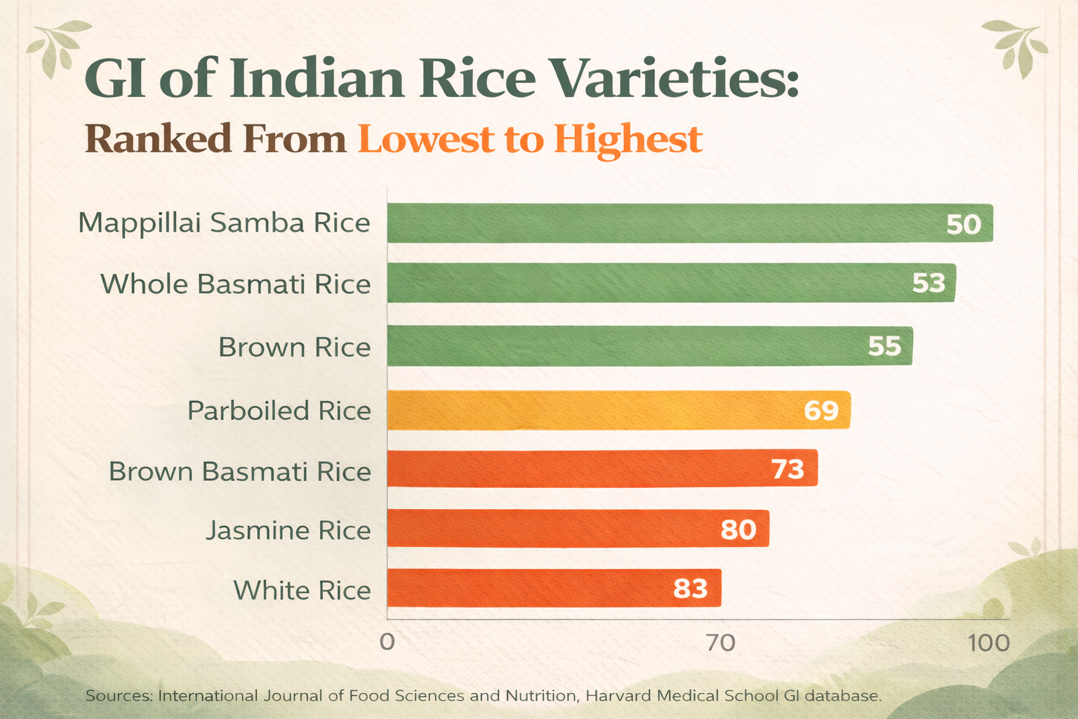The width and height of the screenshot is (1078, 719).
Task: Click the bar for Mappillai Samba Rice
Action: (x=690, y=223)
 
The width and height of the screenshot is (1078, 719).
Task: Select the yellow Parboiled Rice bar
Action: (x=619, y=410)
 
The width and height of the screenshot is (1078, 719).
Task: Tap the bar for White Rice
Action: (x=554, y=588)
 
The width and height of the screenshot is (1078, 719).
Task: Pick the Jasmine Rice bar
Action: (x=578, y=528)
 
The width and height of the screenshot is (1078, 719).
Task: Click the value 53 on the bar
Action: (x=929, y=283)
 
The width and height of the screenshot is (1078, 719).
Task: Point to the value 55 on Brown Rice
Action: (x=884, y=345)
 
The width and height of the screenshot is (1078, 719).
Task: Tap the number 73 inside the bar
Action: (x=788, y=468)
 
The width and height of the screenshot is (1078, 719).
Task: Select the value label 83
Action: (x=690, y=588)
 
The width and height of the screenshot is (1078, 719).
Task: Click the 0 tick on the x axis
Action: (x=387, y=642)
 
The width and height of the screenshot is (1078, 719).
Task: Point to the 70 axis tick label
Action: (x=721, y=642)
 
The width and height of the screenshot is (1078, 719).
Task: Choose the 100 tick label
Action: (x=989, y=643)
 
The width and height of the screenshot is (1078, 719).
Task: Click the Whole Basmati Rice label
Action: (x=236, y=284)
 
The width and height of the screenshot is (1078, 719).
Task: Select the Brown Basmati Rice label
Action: (x=239, y=471)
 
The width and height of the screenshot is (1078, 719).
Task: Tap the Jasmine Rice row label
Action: (x=288, y=531)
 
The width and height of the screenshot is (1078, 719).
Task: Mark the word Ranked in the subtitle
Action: (x=159, y=139)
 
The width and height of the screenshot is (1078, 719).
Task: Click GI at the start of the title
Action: (x=115, y=78)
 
